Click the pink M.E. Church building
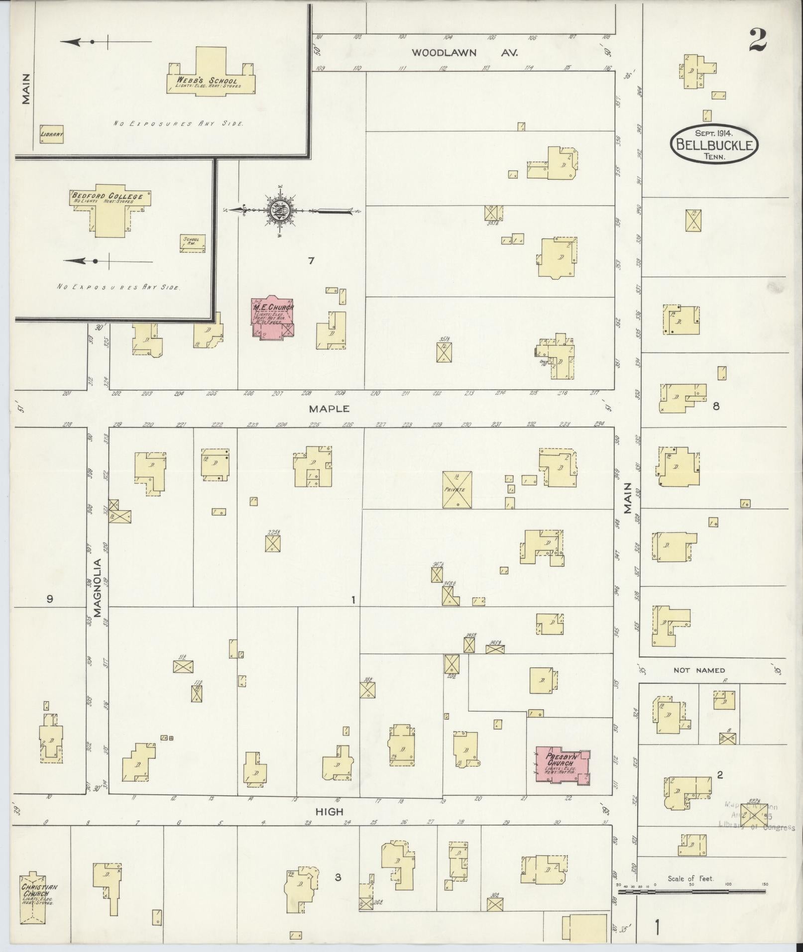click(x=272, y=317)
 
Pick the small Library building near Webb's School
click(x=52, y=134)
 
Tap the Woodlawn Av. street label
click(x=464, y=52)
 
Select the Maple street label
click(x=329, y=409)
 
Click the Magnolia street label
click(x=98, y=587)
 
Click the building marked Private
click(x=457, y=490)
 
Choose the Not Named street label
click(x=699, y=670)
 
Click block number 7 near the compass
click(x=311, y=260)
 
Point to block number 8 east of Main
click(x=716, y=406)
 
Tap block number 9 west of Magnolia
click(x=49, y=599)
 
